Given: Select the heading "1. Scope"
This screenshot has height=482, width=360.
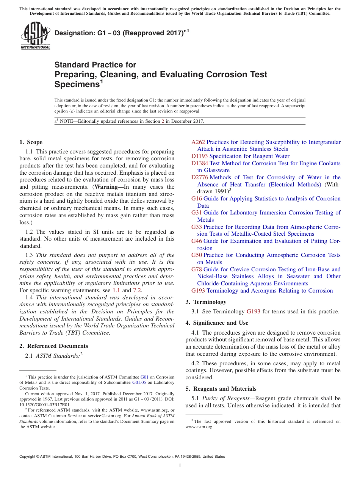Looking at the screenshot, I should (31, 142).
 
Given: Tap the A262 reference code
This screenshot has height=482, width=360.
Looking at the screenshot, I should (198, 142).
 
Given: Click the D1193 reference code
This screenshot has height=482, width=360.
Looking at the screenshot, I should (199, 156).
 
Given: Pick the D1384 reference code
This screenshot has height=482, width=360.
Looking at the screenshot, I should (200, 163).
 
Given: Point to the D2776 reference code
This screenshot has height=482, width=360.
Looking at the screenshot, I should (200, 177).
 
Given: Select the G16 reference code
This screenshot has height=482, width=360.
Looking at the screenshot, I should (197, 199).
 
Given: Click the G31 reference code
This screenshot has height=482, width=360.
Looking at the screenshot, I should (197, 213).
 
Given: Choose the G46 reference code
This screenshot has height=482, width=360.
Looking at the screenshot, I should (197, 241).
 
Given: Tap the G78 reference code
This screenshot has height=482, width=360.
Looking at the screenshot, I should (197, 269).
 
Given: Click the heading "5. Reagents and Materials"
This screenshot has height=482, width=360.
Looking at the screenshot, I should (221, 389).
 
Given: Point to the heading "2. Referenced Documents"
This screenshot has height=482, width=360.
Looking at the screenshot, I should (53, 346).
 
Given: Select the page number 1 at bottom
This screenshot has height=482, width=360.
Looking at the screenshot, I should (180, 466).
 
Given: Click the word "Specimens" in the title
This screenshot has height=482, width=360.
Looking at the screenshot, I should (77, 85).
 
